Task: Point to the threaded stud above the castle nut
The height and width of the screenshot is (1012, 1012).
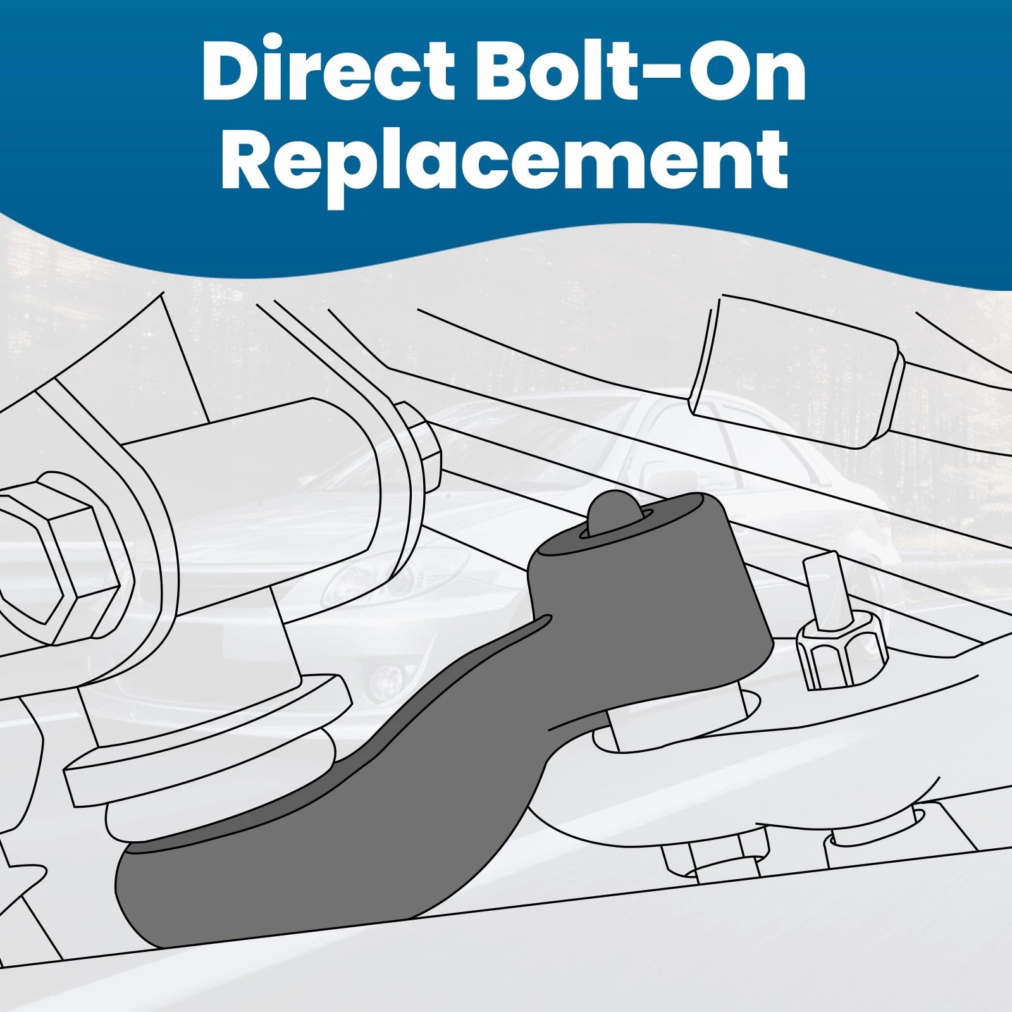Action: click(824, 588)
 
